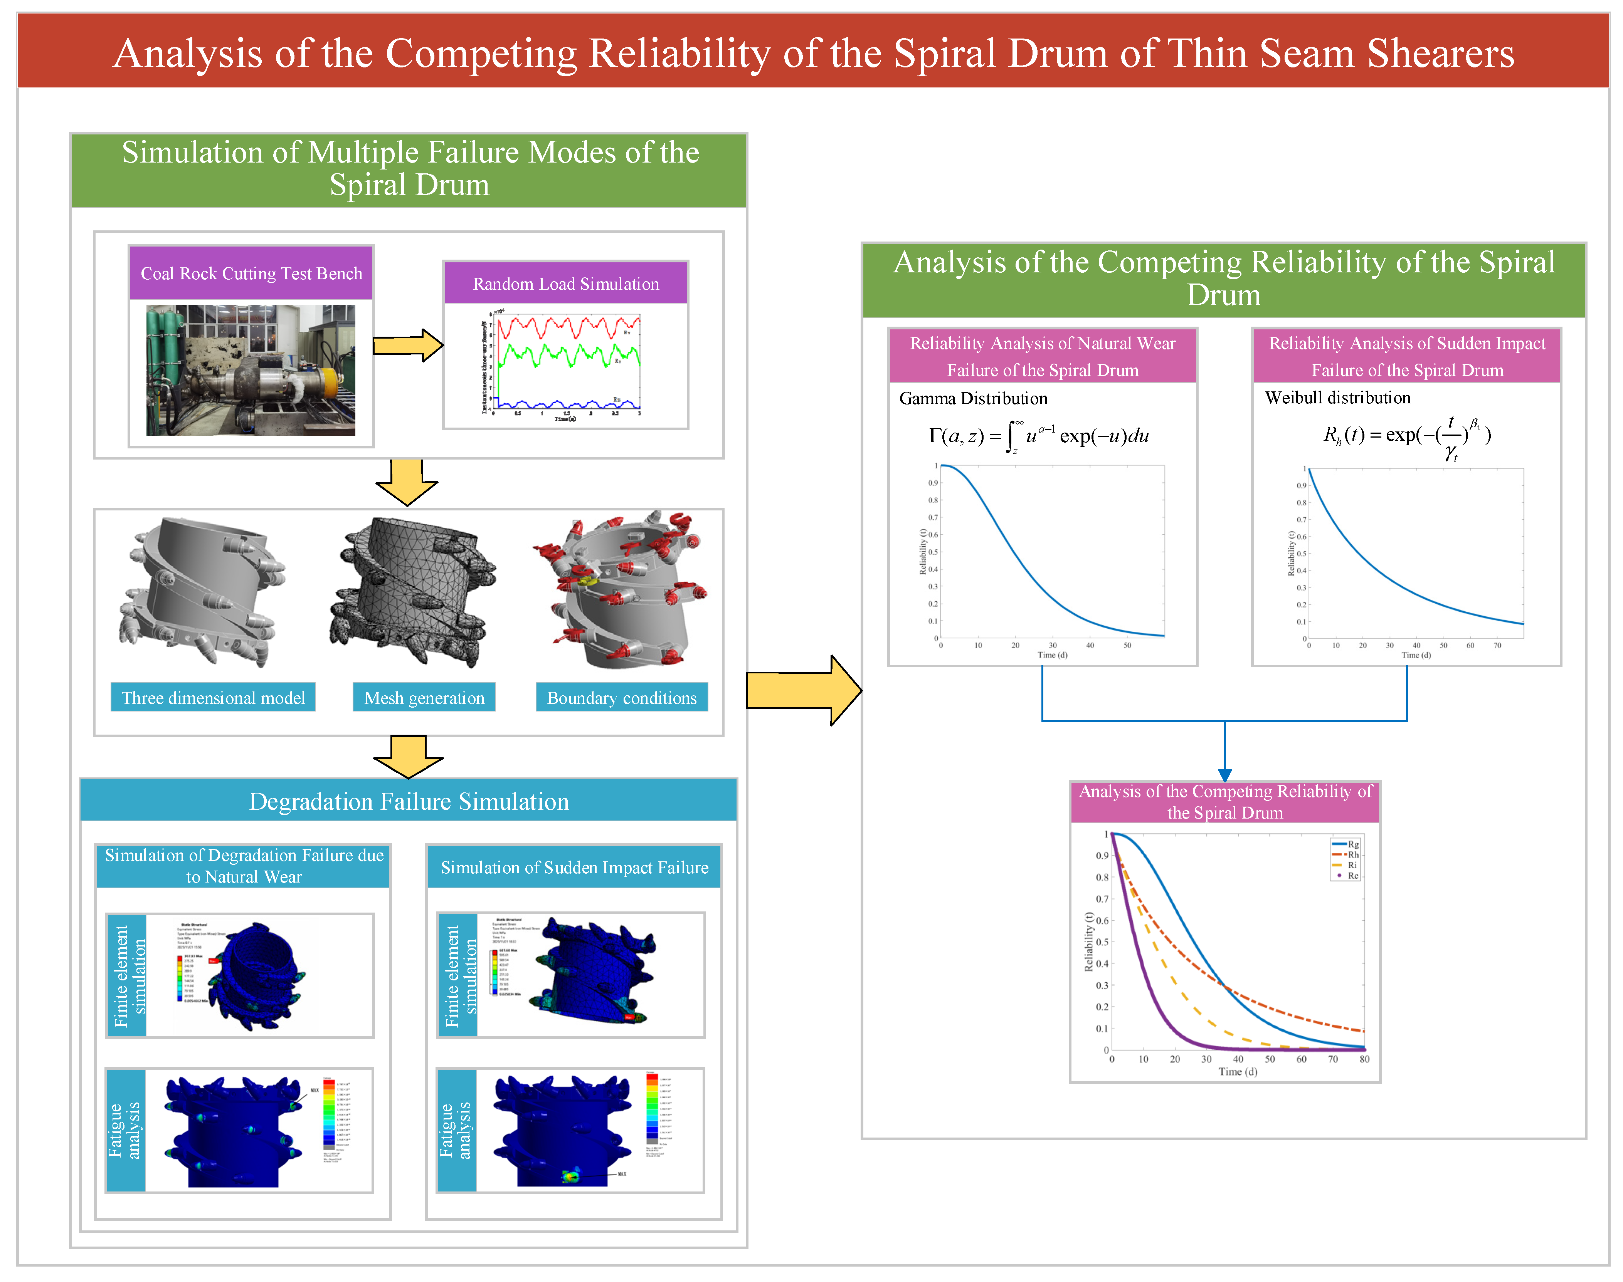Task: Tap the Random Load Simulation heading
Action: (x=565, y=284)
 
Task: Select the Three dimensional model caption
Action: (x=213, y=698)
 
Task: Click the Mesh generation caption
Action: (x=424, y=698)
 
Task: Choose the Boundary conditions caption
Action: (x=621, y=698)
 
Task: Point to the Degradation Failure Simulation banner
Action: (x=409, y=802)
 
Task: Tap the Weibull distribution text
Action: (x=1338, y=398)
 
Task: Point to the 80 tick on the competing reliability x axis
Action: (x=1364, y=1059)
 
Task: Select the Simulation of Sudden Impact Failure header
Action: (x=575, y=868)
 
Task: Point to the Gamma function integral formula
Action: (x=1039, y=436)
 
